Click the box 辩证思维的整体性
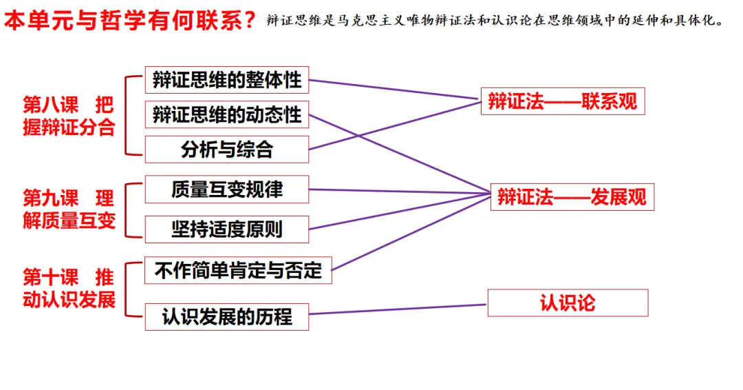tap(227, 80)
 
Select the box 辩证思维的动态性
tap(227, 114)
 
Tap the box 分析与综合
tap(227, 149)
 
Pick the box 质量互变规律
tap(227, 189)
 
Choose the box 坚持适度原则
tap(227, 229)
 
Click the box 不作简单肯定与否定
tap(238, 270)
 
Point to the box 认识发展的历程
tap(227, 316)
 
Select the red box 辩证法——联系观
tap(563, 101)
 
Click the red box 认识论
tap(568, 302)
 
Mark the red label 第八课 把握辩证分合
tap(68, 116)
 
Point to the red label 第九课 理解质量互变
tap(68, 209)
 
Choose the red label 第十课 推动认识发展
tap(68, 289)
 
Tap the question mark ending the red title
tap(250, 21)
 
